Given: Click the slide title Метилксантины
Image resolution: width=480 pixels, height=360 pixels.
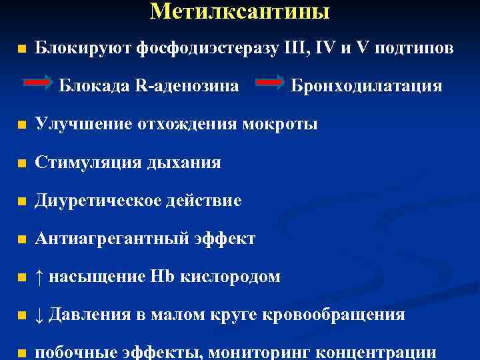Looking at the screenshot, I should point(240,11).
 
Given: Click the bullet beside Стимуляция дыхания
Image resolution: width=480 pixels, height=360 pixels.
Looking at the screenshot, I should point(22,163).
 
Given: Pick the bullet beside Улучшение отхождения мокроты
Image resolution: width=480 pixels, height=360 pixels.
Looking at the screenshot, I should point(22,125).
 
